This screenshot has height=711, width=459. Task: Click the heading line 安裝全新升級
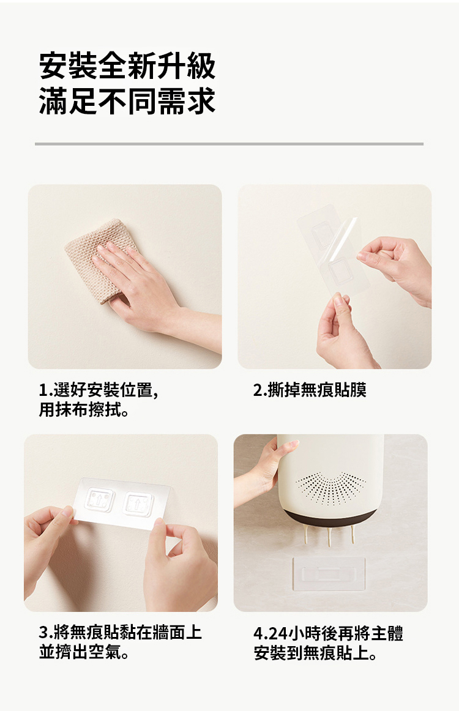point(127,66)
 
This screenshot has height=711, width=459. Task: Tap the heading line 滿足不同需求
point(127,101)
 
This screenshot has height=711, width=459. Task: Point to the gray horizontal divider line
point(229,144)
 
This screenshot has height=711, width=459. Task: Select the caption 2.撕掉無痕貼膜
point(310,390)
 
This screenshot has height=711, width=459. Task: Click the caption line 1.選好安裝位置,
point(99,390)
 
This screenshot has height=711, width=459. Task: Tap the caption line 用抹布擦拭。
point(84,410)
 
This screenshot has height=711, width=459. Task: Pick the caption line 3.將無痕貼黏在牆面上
point(120,632)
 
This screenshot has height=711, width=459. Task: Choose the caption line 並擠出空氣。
point(84,652)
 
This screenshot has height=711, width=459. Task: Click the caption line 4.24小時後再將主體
point(329,633)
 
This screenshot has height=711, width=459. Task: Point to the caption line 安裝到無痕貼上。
point(315,653)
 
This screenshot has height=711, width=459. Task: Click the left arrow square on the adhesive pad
point(100,500)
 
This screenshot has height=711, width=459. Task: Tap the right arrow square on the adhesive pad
point(138,504)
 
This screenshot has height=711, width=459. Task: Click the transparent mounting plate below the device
point(329,573)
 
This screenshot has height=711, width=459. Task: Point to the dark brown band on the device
point(331,518)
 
